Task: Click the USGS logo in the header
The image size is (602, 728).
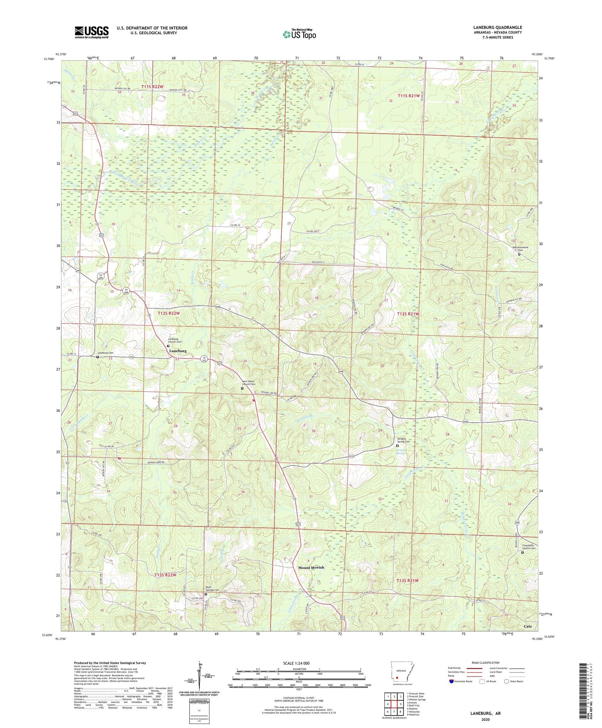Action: click(x=92, y=32)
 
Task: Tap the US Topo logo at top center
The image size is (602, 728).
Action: click(x=299, y=34)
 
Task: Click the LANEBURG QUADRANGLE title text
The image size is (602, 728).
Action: click(x=497, y=27)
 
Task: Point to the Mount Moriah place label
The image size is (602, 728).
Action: click(x=311, y=567)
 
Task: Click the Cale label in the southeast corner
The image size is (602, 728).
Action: click(x=528, y=626)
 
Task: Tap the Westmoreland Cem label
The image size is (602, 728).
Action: click(x=520, y=249)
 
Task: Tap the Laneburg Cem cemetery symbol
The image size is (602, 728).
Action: click(x=98, y=357)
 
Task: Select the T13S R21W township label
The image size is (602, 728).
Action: click(x=407, y=581)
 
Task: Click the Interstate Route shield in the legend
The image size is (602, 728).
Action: click(x=451, y=681)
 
